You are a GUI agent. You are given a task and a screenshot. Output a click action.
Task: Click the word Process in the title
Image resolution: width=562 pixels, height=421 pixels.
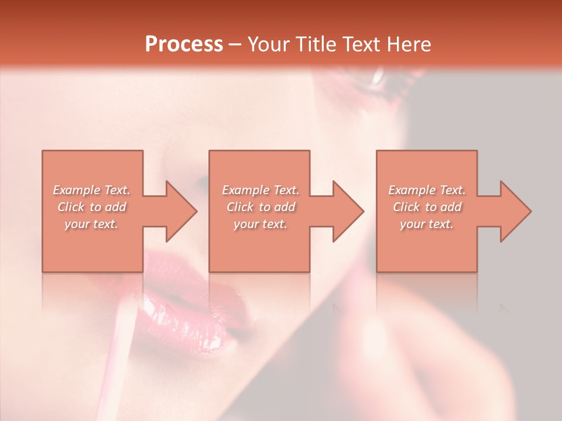184,44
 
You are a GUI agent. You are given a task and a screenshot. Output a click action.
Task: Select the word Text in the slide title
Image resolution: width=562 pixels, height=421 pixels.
361,44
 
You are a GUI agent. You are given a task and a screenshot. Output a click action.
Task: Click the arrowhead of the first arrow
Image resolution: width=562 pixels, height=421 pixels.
181,211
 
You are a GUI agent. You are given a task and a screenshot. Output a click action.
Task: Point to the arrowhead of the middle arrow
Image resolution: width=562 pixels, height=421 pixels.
348,211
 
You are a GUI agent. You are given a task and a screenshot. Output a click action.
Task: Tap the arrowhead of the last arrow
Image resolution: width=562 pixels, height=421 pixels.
515,211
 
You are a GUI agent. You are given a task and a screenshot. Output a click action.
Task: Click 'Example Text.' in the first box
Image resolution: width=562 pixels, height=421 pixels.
91,190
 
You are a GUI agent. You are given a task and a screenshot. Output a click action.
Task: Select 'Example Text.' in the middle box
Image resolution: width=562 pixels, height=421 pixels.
260,190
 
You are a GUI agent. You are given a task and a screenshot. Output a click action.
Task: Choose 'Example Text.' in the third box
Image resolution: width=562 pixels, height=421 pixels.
427,190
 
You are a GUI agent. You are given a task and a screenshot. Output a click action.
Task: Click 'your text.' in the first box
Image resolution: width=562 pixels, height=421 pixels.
91,224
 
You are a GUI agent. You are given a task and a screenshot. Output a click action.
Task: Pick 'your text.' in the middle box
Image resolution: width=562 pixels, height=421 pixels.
260,224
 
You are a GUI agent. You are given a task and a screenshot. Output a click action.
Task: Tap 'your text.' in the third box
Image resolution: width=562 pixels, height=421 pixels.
427,224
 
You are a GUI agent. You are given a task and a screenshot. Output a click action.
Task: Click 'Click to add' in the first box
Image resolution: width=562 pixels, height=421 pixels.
91,207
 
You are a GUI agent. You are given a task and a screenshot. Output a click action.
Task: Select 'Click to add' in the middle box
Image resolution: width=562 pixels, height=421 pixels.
260,207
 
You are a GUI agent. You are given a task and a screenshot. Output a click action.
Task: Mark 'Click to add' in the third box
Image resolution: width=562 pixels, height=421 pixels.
427,207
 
